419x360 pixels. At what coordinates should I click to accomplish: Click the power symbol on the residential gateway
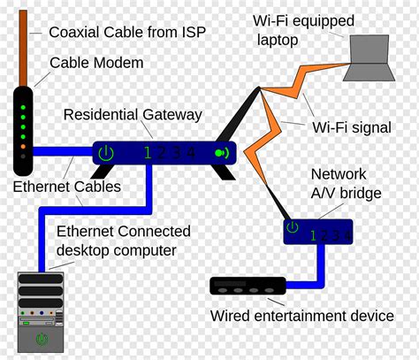pyautogui.click(x=106, y=153)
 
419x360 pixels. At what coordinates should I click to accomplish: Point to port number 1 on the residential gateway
pyautogui.click(x=148, y=153)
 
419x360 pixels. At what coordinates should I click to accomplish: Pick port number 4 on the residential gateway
pyautogui.click(x=190, y=153)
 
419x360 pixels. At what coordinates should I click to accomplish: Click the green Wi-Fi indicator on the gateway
pyautogui.click(x=220, y=153)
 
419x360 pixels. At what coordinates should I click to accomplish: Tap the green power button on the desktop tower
pyautogui.click(x=42, y=339)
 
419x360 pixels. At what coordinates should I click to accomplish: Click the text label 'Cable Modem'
pyautogui.click(x=96, y=63)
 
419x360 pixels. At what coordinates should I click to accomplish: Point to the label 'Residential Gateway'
pyautogui.click(x=133, y=115)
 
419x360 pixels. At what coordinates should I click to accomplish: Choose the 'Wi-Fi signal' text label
pyautogui.click(x=351, y=127)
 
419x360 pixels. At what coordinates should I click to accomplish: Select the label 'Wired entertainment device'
pyautogui.click(x=301, y=316)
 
